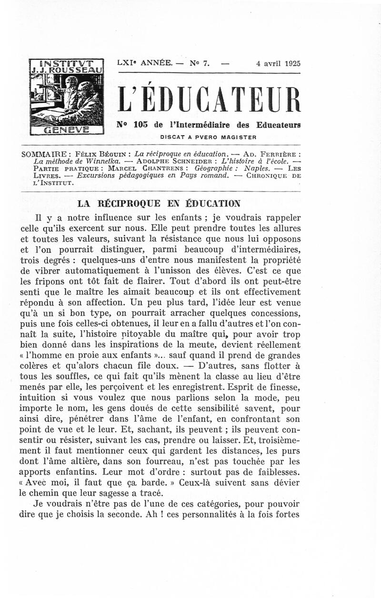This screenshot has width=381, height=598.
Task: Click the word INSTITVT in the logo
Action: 66,62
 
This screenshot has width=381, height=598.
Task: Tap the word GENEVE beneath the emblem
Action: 66,129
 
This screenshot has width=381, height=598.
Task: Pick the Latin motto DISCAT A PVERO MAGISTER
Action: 209,137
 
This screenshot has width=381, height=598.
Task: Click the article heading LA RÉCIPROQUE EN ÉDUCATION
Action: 159,204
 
